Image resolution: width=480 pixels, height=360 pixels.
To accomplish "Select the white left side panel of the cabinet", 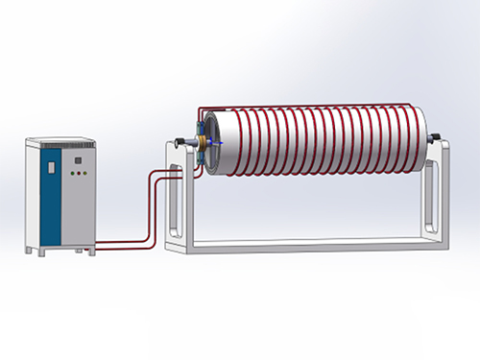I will tap(35, 197).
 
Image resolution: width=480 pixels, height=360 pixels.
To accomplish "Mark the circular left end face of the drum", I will tap(214, 144).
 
